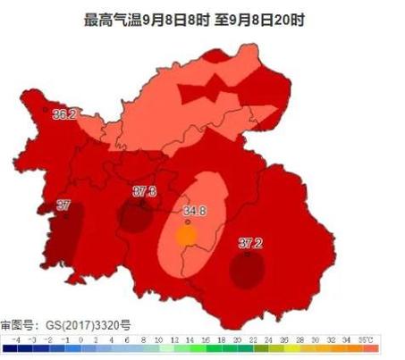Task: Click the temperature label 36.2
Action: [63, 114]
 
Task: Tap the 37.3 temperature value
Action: [144, 191]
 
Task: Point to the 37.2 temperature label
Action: [251, 243]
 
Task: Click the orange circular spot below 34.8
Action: [186, 236]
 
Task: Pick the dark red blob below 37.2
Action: [246, 269]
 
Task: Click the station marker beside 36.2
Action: [46, 109]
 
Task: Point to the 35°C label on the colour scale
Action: [367, 339]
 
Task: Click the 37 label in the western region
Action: [63, 205]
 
